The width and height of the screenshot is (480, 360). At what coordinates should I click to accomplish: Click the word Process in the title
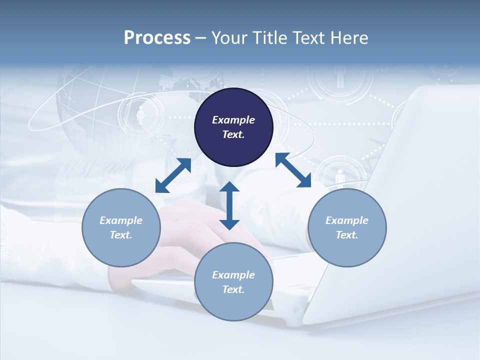click(x=157, y=38)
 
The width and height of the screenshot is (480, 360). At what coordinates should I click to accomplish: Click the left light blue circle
click(x=121, y=227)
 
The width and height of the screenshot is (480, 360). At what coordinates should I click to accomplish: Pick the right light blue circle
click(x=347, y=227)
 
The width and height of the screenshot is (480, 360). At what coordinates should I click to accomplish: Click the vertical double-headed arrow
click(x=229, y=205)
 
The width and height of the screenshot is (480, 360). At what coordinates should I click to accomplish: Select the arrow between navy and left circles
click(x=173, y=175)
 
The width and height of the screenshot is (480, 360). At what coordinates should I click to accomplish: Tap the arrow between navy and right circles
click(x=293, y=170)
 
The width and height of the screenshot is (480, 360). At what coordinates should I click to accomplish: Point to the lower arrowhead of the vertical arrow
click(x=229, y=223)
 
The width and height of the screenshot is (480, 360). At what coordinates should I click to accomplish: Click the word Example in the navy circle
click(x=233, y=120)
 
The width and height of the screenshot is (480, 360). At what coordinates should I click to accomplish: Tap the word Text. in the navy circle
click(x=233, y=134)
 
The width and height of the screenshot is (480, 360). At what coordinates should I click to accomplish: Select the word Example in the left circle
click(x=121, y=220)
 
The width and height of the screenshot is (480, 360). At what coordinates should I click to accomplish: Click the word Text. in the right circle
click(x=347, y=235)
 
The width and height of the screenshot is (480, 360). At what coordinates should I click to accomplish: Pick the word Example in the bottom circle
click(x=233, y=275)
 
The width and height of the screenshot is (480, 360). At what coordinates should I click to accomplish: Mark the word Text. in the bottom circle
click(x=233, y=289)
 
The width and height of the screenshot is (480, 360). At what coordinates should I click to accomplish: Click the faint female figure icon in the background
click(x=140, y=115)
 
